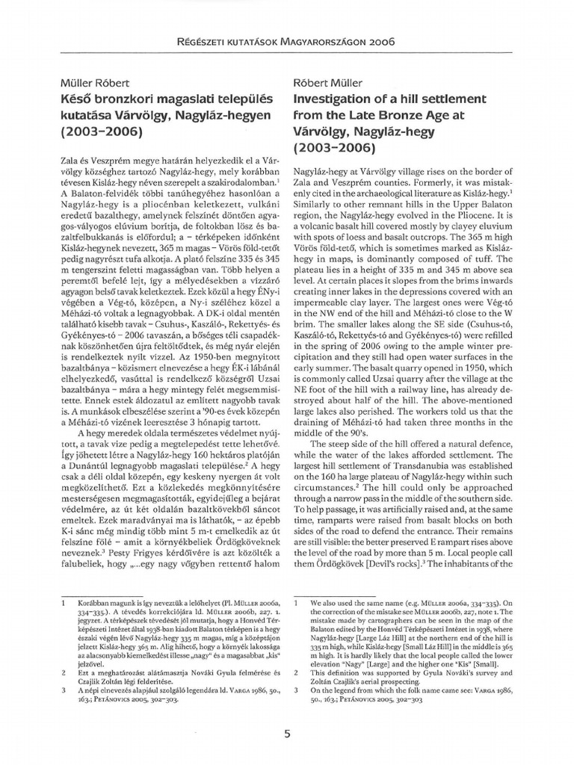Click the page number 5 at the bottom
(x=287, y=733)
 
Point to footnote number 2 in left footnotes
(x=64, y=672)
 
